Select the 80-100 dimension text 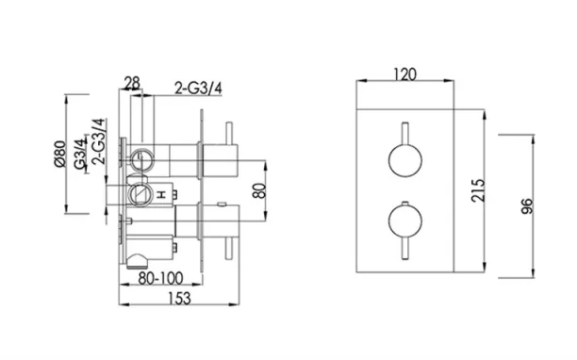point(157,279)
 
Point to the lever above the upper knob point(404,130)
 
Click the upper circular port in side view point(142,156)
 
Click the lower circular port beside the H point(140,197)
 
